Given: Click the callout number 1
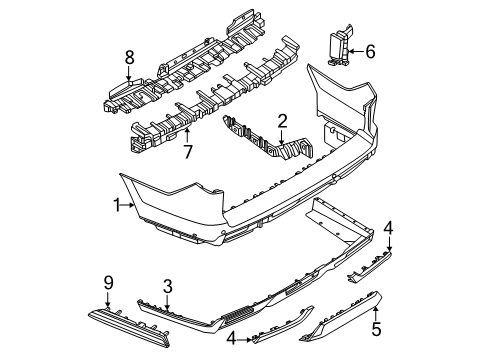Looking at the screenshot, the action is tap(117, 205).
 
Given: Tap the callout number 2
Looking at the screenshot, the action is tap(282, 121).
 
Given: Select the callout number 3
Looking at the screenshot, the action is tap(167, 287).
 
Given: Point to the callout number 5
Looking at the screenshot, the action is tap(376, 329).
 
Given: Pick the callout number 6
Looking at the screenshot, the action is tap(370, 52).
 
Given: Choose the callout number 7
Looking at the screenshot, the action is tap(188, 152).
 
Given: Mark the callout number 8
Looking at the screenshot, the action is tap(129, 57).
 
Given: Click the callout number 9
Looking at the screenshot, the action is tap(108, 284).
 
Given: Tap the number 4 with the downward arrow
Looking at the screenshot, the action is tap(388, 229).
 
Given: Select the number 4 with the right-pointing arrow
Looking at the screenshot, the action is tap(231, 339).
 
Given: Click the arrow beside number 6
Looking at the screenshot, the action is tap(356, 52).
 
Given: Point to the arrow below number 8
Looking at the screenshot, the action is tap(129, 73).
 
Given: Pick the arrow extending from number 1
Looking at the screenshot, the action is tap(127, 205).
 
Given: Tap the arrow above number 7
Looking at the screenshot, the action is tap(188, 136).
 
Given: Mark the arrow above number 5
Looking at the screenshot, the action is tap(376, 313).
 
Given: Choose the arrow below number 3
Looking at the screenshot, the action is tap(167, 303).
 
